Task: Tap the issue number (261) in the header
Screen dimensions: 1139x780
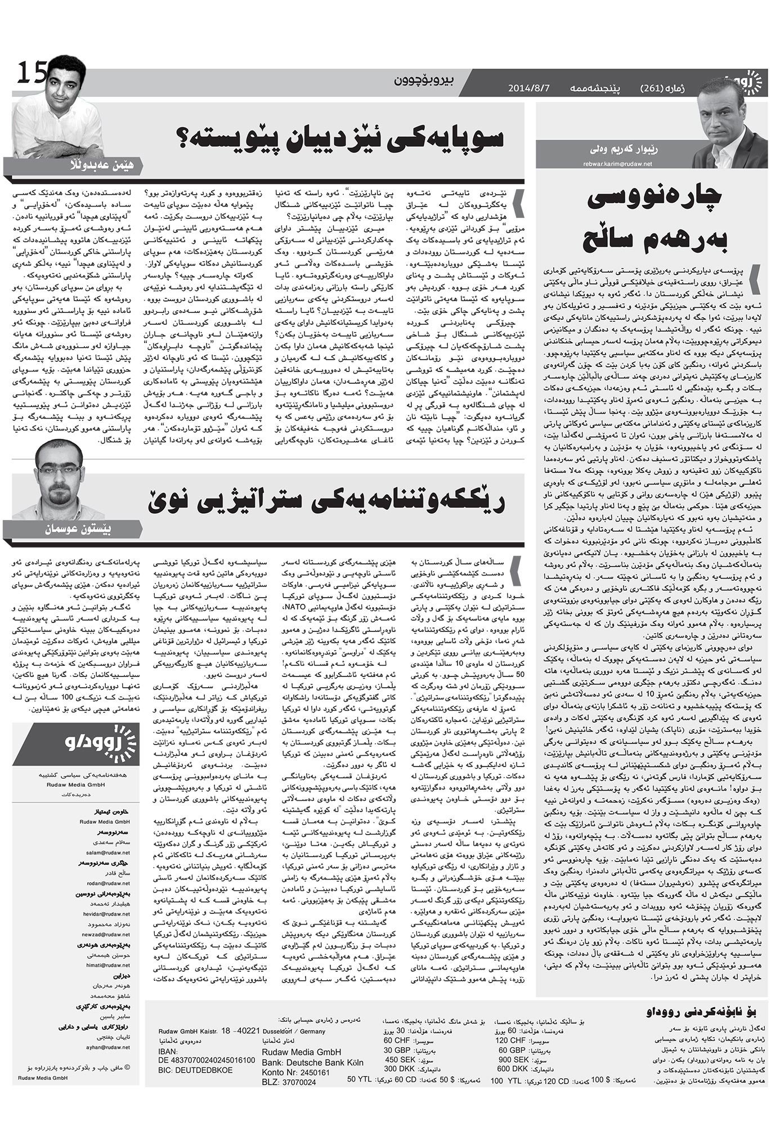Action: pyautogui.click(x=655, y=88)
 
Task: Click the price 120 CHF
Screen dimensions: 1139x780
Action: pyautogui.click(x=509, y=1040)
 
